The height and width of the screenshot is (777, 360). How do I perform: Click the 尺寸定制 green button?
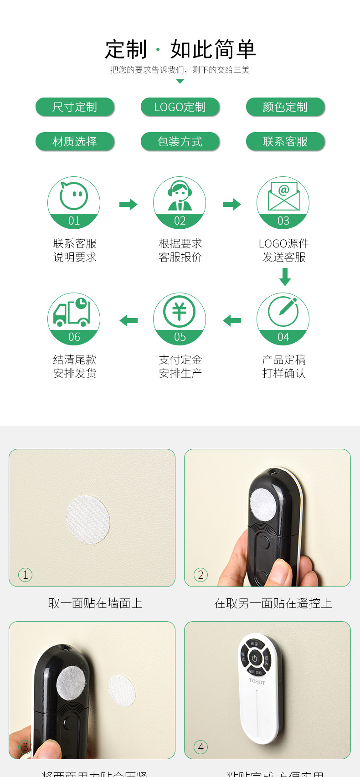click(75, 107)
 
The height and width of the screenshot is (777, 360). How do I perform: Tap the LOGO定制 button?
click(180, 107)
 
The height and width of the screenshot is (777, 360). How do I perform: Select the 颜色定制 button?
click(285, 107)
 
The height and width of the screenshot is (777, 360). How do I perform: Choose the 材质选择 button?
click(75, 142)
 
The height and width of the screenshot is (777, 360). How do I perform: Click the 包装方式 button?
click(180, 142)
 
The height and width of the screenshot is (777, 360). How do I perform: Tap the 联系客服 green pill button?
click(285, 142)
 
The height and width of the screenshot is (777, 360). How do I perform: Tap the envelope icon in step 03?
click(283, 196)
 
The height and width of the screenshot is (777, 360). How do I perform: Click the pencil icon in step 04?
click(283, 312)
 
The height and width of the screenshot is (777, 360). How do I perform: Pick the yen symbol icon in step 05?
click(180, 312)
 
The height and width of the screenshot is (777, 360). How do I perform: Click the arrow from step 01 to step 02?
click(128, 204)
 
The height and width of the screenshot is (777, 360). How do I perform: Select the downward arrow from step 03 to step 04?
click(285, 277)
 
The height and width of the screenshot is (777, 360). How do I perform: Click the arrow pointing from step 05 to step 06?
click(129, 321)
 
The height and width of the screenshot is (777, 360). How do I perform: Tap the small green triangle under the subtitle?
click(180, 82)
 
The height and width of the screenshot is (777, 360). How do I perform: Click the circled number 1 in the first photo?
click(26, 575)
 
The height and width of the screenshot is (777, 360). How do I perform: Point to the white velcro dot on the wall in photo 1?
click(88, 520)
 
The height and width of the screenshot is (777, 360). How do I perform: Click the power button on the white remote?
click(254, 658)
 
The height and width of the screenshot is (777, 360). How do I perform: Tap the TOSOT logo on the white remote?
click(257, 681)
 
